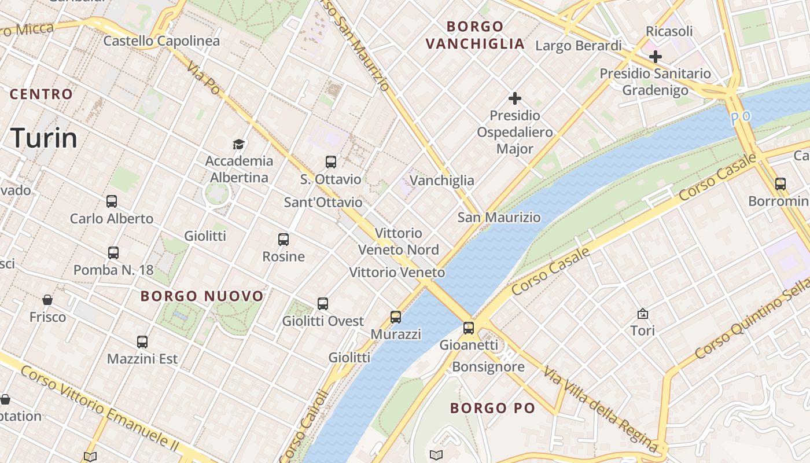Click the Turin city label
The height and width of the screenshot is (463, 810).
(44, 138)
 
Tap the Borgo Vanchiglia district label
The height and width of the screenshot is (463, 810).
(475, 35)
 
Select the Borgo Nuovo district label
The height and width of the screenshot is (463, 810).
(202, 296)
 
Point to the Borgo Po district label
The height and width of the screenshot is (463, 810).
(493, 408)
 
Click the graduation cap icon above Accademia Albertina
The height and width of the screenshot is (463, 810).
(238, 144)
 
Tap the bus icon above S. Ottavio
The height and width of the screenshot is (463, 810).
(331, 162)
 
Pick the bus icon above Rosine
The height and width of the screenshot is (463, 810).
(283, 240)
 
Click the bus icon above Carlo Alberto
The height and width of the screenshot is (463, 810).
(112, 201)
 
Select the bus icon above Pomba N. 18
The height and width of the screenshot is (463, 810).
(113, 253)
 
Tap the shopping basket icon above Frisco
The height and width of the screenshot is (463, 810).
(47, 300)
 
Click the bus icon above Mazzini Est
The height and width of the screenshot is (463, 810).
(142, 342)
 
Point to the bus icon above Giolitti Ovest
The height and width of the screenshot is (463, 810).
(323, 304)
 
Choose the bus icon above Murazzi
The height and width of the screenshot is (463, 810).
(396, 317)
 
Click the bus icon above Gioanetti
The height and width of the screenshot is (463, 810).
(469, 328)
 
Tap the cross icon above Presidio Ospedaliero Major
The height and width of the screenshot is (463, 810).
(514, 98)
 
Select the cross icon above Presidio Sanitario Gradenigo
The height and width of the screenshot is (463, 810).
(655, 57)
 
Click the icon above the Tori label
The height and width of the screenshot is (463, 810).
(642, 314)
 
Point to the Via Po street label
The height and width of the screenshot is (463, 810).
(204, 78)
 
